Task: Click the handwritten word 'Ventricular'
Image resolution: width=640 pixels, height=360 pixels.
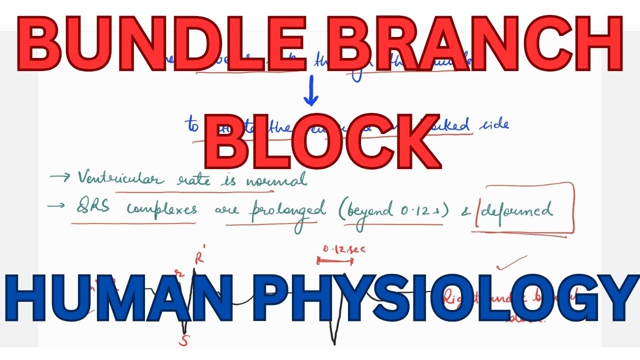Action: [x=120, y=178]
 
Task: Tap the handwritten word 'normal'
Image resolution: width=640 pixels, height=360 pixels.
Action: [x=276, y=180]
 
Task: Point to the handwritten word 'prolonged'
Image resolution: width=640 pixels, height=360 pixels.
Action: [x=287, y=210]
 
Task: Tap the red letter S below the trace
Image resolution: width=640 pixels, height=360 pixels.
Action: [x=184, y=341]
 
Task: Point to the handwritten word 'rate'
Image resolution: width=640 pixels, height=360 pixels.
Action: [x=193, y=179]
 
